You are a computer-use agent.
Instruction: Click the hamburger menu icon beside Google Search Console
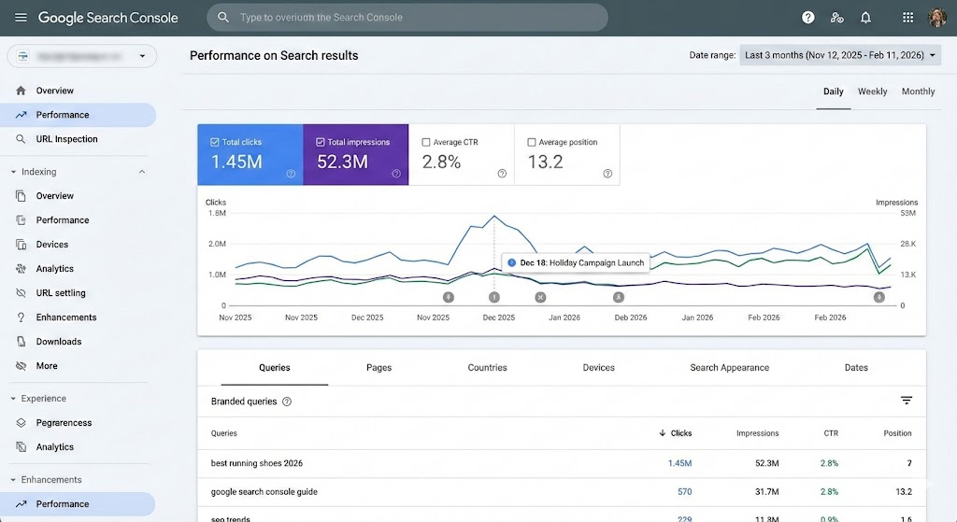pos(21,18)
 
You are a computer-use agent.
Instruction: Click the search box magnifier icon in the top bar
pos(223,18)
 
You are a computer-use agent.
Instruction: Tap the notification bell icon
pos(865,18)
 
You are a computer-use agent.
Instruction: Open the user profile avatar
pos(936,18)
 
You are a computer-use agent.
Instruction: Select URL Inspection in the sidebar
pos(66,139)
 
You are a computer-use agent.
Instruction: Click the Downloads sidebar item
pos(59,342)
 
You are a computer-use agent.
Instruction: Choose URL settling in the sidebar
pos(61,293)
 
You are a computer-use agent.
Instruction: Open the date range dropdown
pos(839,55)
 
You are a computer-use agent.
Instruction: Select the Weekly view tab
pos(872,92)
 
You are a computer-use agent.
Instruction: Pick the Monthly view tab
pos(918,92)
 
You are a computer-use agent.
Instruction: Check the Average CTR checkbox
pos(426,143)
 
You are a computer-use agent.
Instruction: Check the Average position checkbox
pos(532,143)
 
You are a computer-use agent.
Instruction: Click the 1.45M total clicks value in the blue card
pos(236,162)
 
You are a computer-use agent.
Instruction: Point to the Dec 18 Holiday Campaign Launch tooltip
pos(576,263)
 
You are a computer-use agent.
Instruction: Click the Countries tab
pos(487,368)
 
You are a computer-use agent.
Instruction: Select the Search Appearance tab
pos(729,368)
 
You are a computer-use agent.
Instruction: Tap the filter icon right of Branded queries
pos(906,401)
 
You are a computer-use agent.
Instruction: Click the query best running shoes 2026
pos(257,463)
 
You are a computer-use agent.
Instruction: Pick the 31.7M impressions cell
pos(761,491)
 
